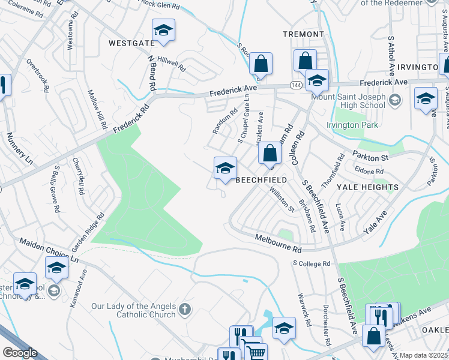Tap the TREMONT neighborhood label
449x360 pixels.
coord(303,34)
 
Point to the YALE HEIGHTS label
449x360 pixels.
coord(367,187)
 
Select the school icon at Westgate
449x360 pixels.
coord(163,31)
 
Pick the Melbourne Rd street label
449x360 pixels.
coord(277,244)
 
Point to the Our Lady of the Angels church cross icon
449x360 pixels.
coord(185,310)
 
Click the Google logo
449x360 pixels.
coord(20,353)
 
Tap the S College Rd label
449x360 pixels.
coord(312,263)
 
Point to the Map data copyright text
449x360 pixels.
coord(424,355)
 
